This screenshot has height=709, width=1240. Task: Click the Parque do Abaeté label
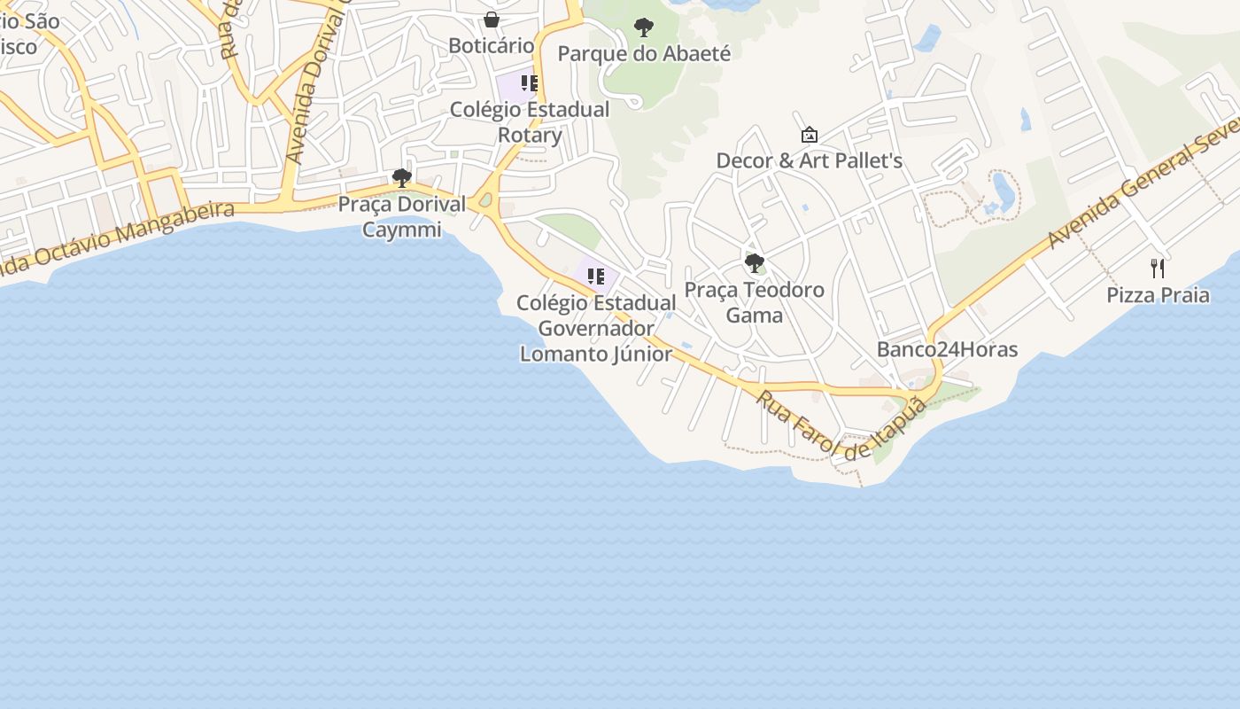[644, 54]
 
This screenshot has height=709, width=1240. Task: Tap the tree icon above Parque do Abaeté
[644, 27]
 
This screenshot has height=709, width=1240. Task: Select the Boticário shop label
[491, 45]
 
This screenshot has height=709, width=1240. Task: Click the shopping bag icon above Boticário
[492, 19]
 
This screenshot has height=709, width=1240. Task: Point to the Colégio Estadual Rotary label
[530, 122]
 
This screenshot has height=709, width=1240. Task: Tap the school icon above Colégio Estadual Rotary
[530, 83]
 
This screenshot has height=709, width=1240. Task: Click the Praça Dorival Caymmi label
[402, 217]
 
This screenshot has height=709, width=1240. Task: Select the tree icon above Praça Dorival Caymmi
[401, 177]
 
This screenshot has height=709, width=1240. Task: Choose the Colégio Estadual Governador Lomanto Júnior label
[596, 329]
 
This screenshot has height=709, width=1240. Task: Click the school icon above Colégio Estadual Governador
[596, 277]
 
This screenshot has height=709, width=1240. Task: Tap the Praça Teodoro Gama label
[755, 302]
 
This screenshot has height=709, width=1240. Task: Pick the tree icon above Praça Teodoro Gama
[755, 262]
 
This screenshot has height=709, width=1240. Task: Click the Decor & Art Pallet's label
[809, 160]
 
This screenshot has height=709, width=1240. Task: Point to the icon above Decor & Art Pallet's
[809, 135]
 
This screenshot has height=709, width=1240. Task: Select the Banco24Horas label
[947, 349]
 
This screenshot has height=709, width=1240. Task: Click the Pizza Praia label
[1158, 295]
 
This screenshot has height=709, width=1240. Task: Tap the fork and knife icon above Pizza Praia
[1158, 268]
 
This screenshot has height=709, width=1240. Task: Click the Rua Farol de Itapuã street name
[841, 424]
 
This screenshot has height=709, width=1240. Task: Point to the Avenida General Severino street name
[1143, 181]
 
